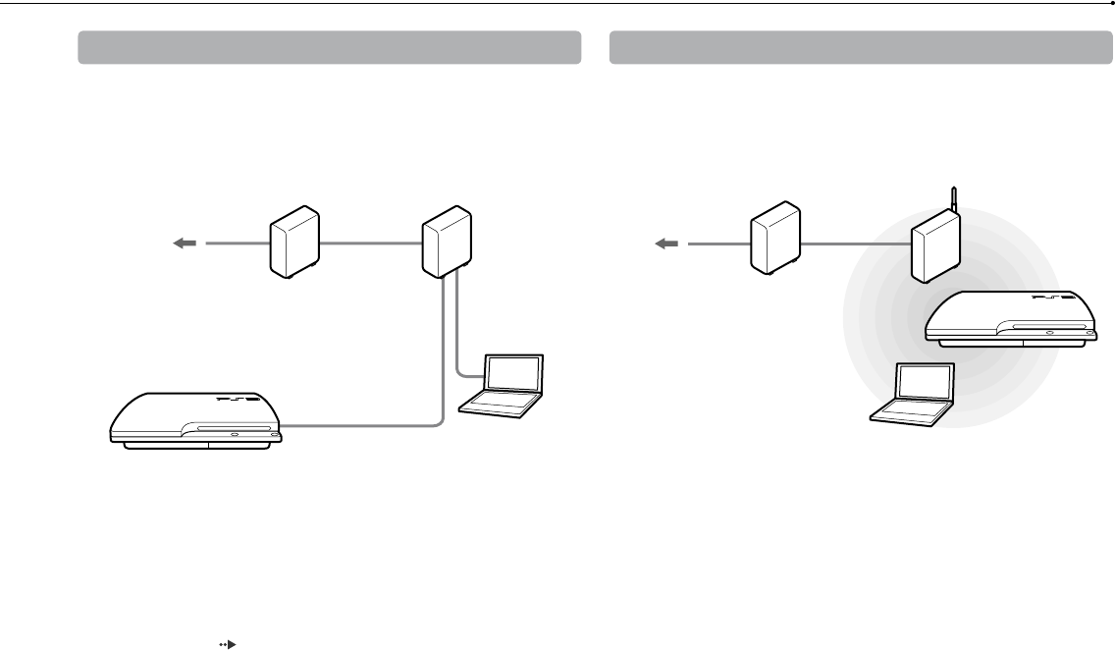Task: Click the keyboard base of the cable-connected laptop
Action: [499, 404]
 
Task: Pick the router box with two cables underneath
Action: [444, 242]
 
